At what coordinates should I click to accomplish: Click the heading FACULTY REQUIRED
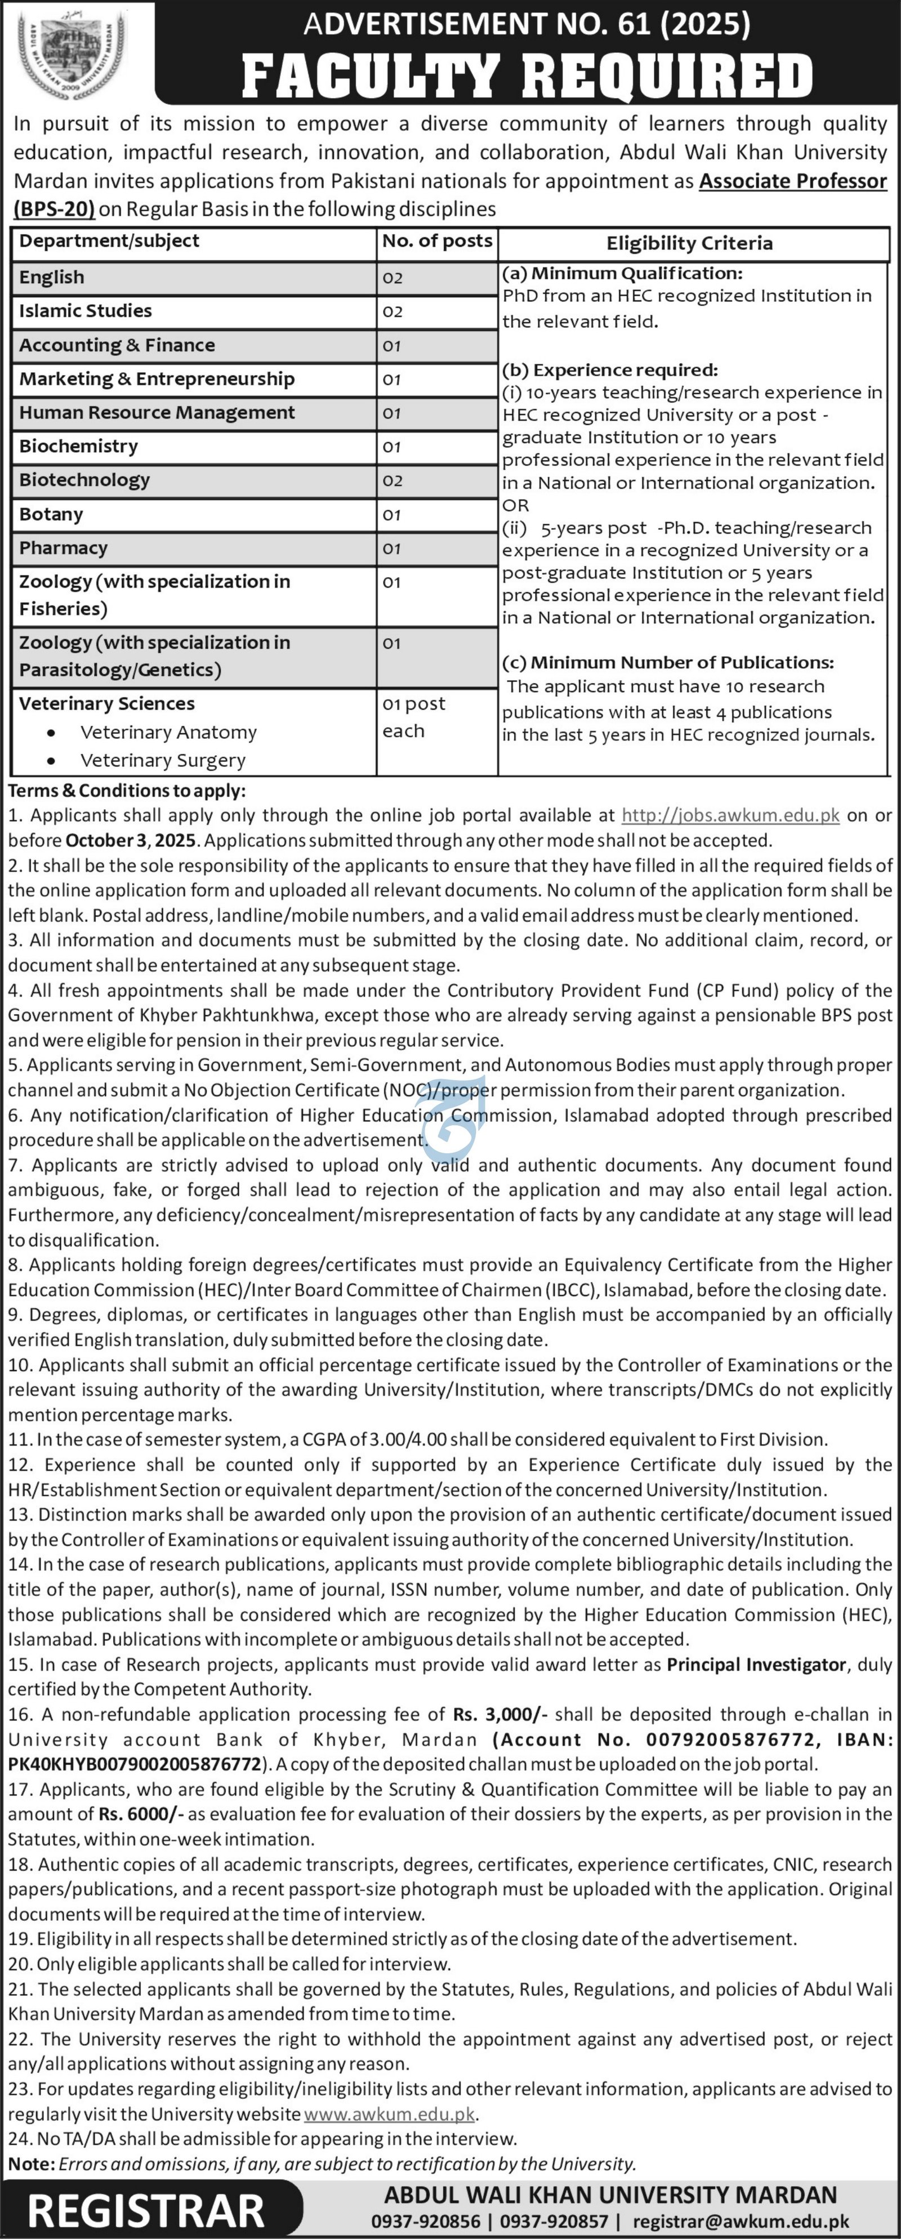click(x=527, y=77)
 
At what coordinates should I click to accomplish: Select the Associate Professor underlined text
click(x=792, y=181)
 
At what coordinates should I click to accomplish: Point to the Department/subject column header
click(x=109, y=241)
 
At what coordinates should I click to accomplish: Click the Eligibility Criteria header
click(x=689, y=243)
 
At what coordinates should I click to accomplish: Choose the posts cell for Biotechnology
click(x=392, y=481)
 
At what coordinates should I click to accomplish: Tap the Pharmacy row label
click(x=64, y=548)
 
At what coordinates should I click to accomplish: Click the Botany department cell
click(x=51, y=515)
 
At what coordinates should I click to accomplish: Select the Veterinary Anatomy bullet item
click(x=168, y=732)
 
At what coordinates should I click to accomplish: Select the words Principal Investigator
click(x=756, y=1665)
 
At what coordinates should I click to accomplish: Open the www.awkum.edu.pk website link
click(x=389, y=2114)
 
